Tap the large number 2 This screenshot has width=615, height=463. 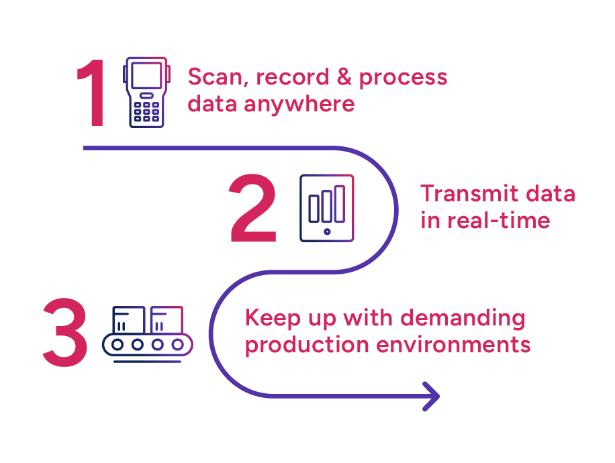point(254,209)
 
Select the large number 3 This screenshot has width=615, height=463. point(65,333)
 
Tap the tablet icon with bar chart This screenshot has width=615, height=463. point(327,208)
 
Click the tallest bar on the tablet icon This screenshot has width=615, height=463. point(340,203)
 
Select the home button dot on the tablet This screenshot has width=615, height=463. point(327,232)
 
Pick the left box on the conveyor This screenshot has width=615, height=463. point(129,320)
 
